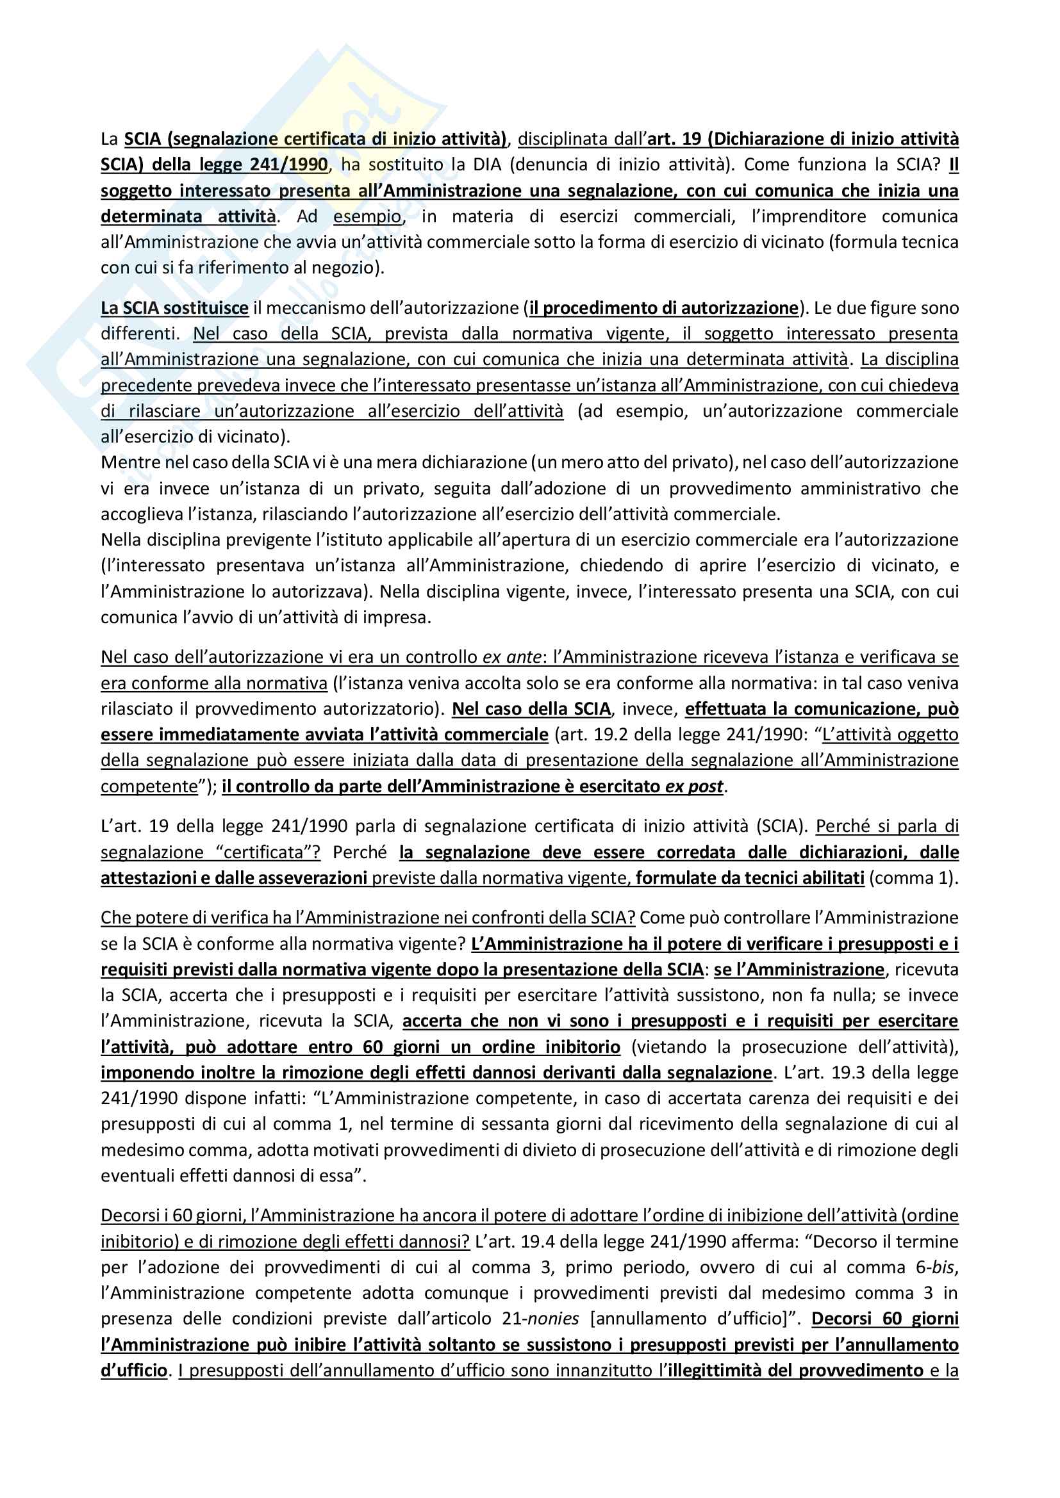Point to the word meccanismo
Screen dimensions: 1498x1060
pos(308,308)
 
